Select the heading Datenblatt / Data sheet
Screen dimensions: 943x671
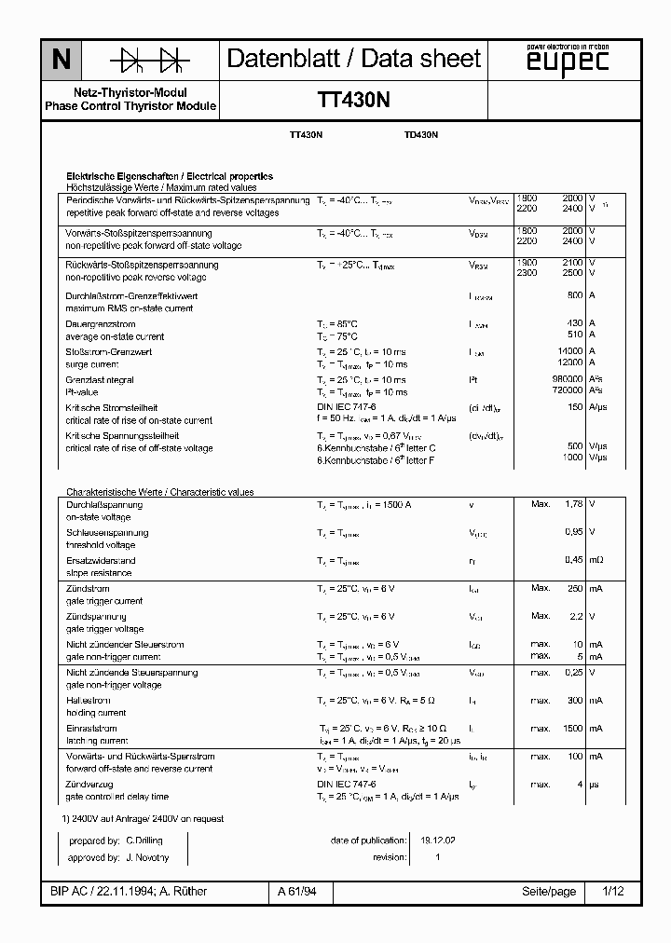tap(354, 60)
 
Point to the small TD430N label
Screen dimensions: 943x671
tap(421, 135)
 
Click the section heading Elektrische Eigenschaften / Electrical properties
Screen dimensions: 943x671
tap(169, 175)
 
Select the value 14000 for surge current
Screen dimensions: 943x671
tap(568, 351)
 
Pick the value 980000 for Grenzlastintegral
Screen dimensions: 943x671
tap(566, 379)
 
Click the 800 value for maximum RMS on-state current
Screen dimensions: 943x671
tap(574, 295)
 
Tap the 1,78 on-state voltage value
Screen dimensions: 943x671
tap(573, 504)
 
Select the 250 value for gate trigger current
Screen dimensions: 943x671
tap(574, 588)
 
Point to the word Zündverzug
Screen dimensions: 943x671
tap(90, 785)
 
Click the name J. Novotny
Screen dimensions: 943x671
tap(145, 856)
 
